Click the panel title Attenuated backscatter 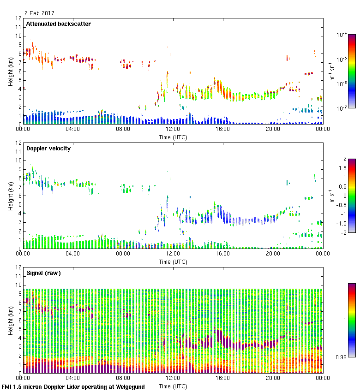tap(59, 24)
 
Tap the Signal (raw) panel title tap(43, 273)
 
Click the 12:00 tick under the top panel tap(173, 130)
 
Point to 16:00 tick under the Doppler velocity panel tap(223, 254)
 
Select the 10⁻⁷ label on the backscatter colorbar tap(342, 107)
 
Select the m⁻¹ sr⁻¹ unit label tap(331, 71)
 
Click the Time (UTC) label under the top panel tap(173, 137)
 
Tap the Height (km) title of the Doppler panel tap(10, 196)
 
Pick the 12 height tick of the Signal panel tap(18, 267)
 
